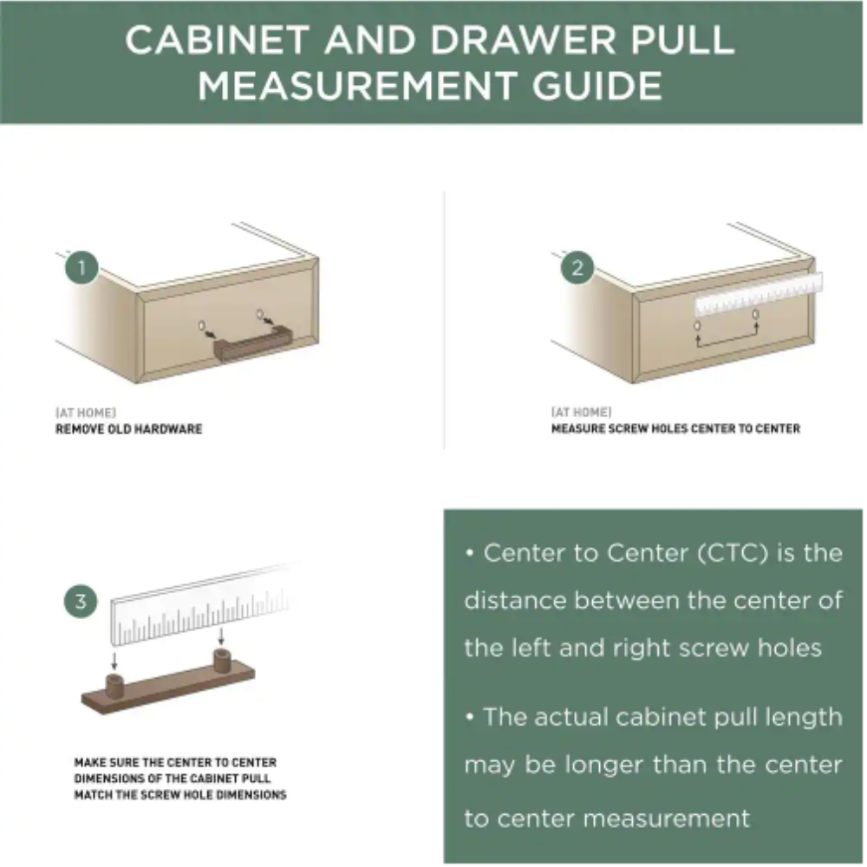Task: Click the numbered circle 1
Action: point(81,268)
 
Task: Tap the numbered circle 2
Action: point(577,268)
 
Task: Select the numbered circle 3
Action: point(81,601)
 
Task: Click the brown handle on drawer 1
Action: point(252,344)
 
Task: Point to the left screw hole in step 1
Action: point(202,325)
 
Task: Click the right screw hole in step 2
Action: point(755,315)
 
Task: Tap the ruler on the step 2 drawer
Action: point(759,294)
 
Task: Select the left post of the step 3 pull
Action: point(115,687)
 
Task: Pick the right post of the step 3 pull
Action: point(222,662)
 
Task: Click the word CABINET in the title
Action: point(216,41)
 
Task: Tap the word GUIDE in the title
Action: point(596,86)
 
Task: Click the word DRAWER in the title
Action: point(523,41)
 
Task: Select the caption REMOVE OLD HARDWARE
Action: point(129,429)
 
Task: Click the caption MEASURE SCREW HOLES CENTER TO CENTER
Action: point(675,428)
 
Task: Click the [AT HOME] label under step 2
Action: point(581,412)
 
